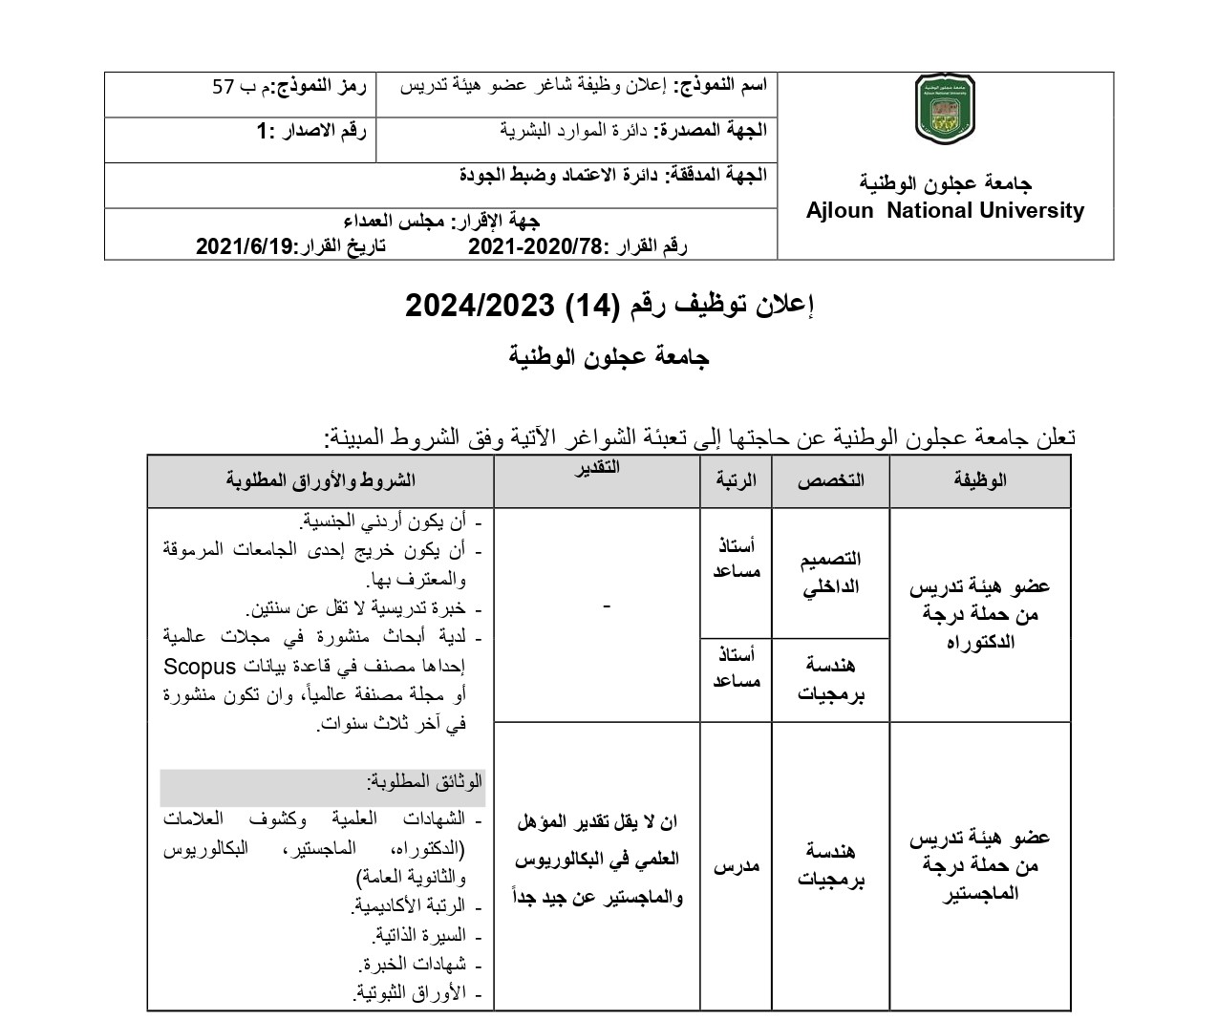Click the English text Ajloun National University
[x=945, y=211]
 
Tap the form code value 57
[x=223, y=87]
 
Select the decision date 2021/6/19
[x=246, y=246]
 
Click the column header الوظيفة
[x=979, y=480]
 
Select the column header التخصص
[x=830, y=480]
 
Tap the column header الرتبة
[x=736, y=480]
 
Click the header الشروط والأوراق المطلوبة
[x=320, y=480]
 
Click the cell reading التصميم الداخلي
[x=830, y=573]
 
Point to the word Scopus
[x=203, y=667]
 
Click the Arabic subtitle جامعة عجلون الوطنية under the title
[x=609, y=358]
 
